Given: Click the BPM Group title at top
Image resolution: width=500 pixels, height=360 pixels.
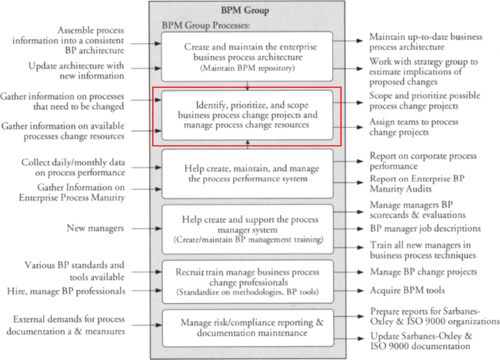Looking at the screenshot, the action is [245, 10].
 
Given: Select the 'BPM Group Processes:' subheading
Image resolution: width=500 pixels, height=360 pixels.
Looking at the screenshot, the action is [206, 25].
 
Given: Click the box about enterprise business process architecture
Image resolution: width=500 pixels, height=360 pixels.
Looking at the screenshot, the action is [247, 56].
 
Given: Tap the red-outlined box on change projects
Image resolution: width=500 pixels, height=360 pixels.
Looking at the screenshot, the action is [247, 115].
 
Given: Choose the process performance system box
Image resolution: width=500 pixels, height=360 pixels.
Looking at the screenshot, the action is [248, 174].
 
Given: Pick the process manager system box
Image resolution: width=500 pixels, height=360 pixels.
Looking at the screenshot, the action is [248, 229].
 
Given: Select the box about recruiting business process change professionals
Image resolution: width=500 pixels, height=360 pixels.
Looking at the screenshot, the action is [248, 282].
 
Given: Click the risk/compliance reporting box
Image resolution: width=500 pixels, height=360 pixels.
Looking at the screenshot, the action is [248, 328].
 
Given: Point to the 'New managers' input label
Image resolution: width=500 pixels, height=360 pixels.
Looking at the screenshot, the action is [95, 228].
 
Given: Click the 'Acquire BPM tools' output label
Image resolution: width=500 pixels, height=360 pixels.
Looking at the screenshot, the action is [407, 291].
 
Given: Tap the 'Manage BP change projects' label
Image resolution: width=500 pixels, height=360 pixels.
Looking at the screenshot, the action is [424, 272].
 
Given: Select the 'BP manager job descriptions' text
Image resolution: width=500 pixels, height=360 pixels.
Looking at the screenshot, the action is [425, 228].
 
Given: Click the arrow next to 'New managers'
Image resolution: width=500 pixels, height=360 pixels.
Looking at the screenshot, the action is [147, 228].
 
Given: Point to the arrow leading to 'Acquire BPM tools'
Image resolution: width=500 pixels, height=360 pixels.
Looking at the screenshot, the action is [348, 291].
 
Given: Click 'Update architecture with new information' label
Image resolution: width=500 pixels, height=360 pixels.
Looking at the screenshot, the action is [76, 71].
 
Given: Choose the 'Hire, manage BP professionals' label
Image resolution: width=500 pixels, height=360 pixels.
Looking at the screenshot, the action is [66, 291].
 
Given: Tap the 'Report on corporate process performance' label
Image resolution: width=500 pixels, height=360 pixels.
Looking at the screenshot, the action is [423, 161].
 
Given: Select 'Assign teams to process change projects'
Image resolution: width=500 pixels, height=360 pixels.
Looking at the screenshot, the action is [414, 127].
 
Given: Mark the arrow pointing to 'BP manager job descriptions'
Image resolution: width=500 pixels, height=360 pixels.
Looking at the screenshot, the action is [348, 228].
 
